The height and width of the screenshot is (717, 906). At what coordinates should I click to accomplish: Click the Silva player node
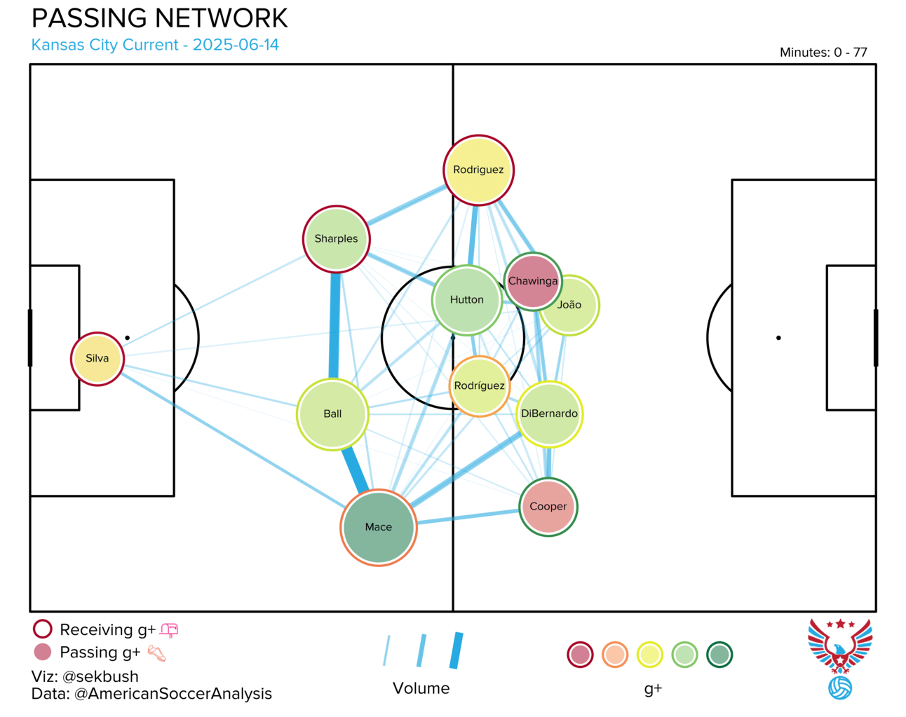click(97, 359)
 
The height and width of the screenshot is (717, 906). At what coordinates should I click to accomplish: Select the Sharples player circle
click(336, 239)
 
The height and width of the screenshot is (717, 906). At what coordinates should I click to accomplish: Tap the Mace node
click(379, 527)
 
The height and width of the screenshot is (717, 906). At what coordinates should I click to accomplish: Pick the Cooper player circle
click(548, 507)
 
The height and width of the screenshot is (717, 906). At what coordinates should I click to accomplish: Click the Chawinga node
click(533, 280)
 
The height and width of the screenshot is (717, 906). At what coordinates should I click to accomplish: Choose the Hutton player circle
click(467, 299)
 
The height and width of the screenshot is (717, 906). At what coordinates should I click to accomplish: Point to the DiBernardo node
click(549, 414)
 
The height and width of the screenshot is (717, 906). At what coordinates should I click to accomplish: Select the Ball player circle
click(332, 414)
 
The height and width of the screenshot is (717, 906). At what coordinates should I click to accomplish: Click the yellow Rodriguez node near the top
click(478, 170)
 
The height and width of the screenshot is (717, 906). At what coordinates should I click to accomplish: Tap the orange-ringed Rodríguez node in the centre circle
click(479, 386)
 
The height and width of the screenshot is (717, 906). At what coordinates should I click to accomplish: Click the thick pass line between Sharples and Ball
click(334, 326)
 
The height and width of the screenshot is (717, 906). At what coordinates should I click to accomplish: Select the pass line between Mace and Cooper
click(468, 517)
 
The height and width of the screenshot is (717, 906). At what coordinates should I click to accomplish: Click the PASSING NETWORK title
click(160, 18)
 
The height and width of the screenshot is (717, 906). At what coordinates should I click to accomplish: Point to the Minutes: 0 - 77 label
click(823, 52)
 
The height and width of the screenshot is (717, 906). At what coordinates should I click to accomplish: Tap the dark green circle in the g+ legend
click(719, 655)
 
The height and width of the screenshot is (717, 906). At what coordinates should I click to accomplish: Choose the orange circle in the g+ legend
click(615, 655)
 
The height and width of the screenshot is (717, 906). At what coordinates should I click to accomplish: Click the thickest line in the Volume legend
click(457, 650)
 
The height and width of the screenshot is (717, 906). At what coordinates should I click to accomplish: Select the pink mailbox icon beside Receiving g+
click(169, 630)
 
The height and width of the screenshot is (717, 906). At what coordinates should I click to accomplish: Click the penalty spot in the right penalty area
click(778, 338)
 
